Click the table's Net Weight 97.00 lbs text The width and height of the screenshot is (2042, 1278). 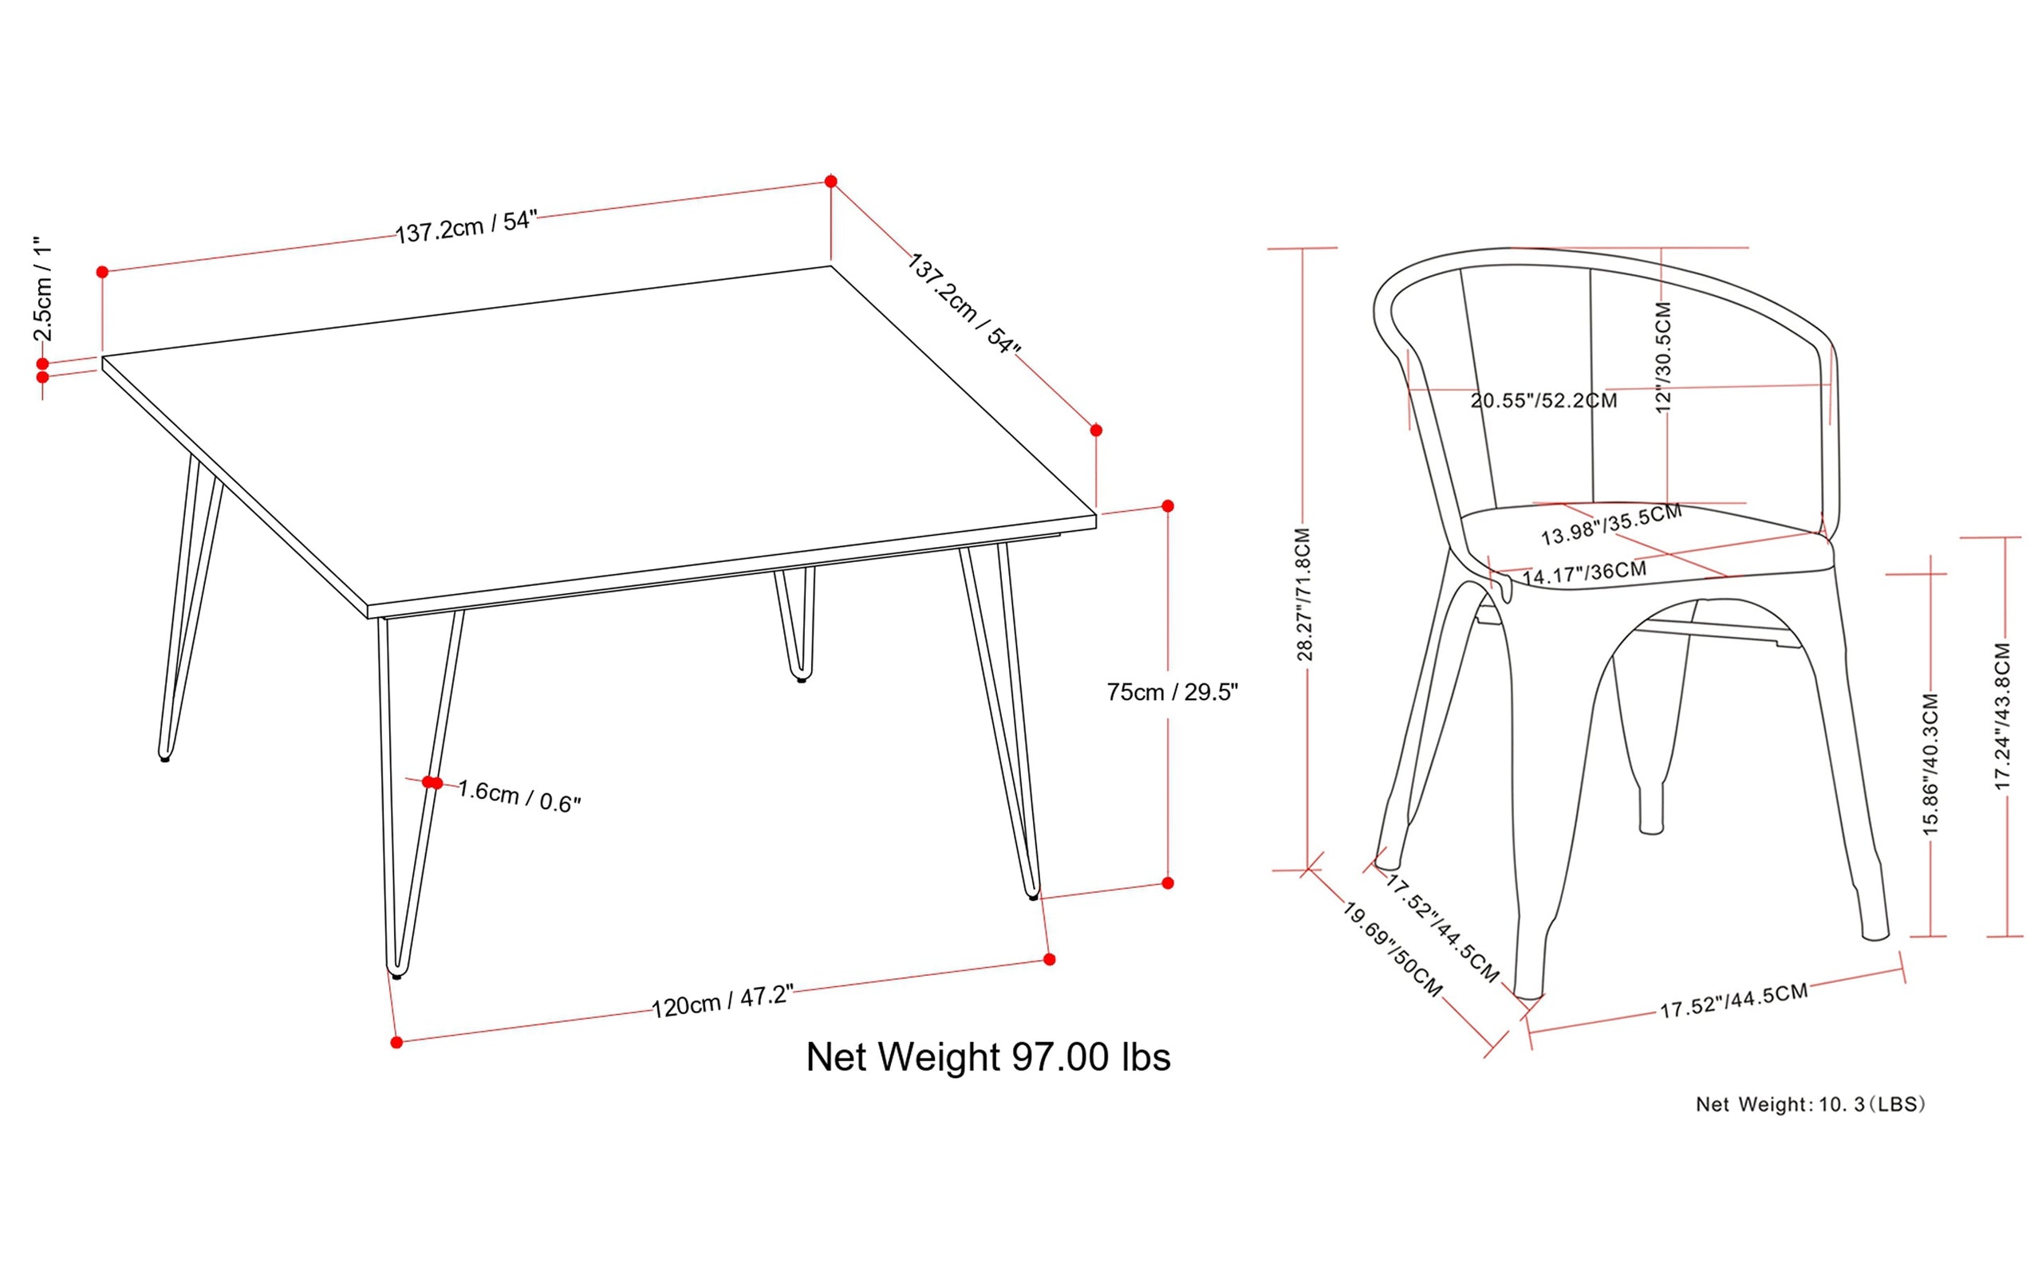987,1057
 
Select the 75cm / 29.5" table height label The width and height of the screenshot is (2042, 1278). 1172,692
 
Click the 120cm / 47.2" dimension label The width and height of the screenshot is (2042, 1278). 722,1001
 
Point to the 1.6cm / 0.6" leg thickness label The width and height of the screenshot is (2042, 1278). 519,796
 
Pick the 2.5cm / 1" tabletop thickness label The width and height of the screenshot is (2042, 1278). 43,289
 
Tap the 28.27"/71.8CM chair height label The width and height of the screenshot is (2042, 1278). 1304,594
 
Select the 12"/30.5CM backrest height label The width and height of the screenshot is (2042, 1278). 1662,356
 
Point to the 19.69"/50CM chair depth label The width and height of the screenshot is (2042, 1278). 1393,950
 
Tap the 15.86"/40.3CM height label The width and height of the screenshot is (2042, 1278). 1930,764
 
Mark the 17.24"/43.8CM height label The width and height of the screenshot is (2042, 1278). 2002,717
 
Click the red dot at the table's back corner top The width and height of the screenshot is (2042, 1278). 831,182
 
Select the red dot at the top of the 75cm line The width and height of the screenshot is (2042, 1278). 1168,506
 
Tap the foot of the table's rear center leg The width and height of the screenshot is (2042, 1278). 802,678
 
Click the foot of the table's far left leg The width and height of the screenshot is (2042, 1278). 165,758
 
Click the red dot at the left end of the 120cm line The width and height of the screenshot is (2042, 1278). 396,1042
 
